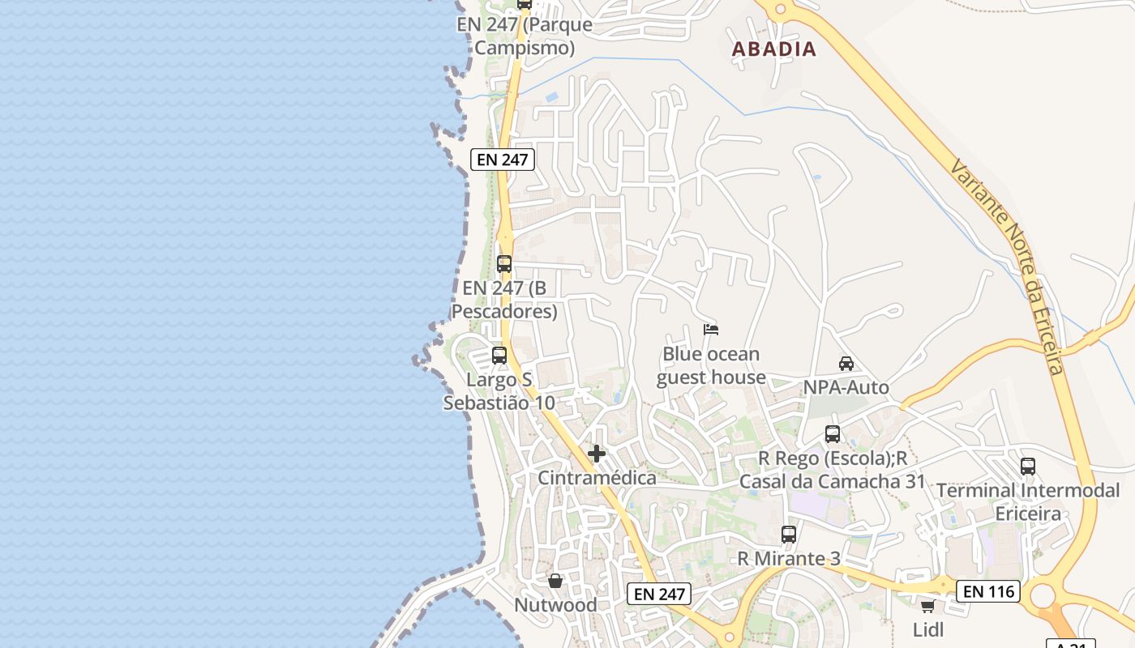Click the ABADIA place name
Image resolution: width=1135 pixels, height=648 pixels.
[x=773, y=49]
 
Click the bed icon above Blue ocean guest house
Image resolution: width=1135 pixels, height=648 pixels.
[x=711, y=330]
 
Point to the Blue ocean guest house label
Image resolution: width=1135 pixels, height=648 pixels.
[x=711, y=366]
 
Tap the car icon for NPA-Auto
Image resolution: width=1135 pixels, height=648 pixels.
[x=846, y=364]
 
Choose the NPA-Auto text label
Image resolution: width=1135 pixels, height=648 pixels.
[x=846, y=388]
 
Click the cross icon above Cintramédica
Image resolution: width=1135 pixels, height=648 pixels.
[x=597, y=454]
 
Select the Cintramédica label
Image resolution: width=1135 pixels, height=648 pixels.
[x=597, y=478]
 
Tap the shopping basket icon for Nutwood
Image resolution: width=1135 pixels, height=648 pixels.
[x=555, y=581]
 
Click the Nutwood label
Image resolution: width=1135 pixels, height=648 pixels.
[x=555, y=605]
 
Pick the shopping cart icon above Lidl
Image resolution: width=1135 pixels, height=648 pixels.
[x=928, y=606]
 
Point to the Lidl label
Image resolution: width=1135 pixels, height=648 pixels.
[x=928, y=630]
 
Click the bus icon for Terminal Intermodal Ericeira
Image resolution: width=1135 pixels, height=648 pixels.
[x=1028, y=467]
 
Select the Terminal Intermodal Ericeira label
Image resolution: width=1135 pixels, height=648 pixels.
[x=1028, y=502]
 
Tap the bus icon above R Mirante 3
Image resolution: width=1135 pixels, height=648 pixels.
[x=789, y=535]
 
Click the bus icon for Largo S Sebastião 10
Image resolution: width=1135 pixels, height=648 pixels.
[x=499, y=356]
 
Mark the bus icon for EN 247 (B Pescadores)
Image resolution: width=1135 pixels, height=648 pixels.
[x=504, y=264]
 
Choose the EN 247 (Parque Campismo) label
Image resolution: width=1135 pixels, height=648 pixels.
[x=525, y=36]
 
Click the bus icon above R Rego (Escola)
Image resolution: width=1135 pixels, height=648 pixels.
[x=833, y=434]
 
